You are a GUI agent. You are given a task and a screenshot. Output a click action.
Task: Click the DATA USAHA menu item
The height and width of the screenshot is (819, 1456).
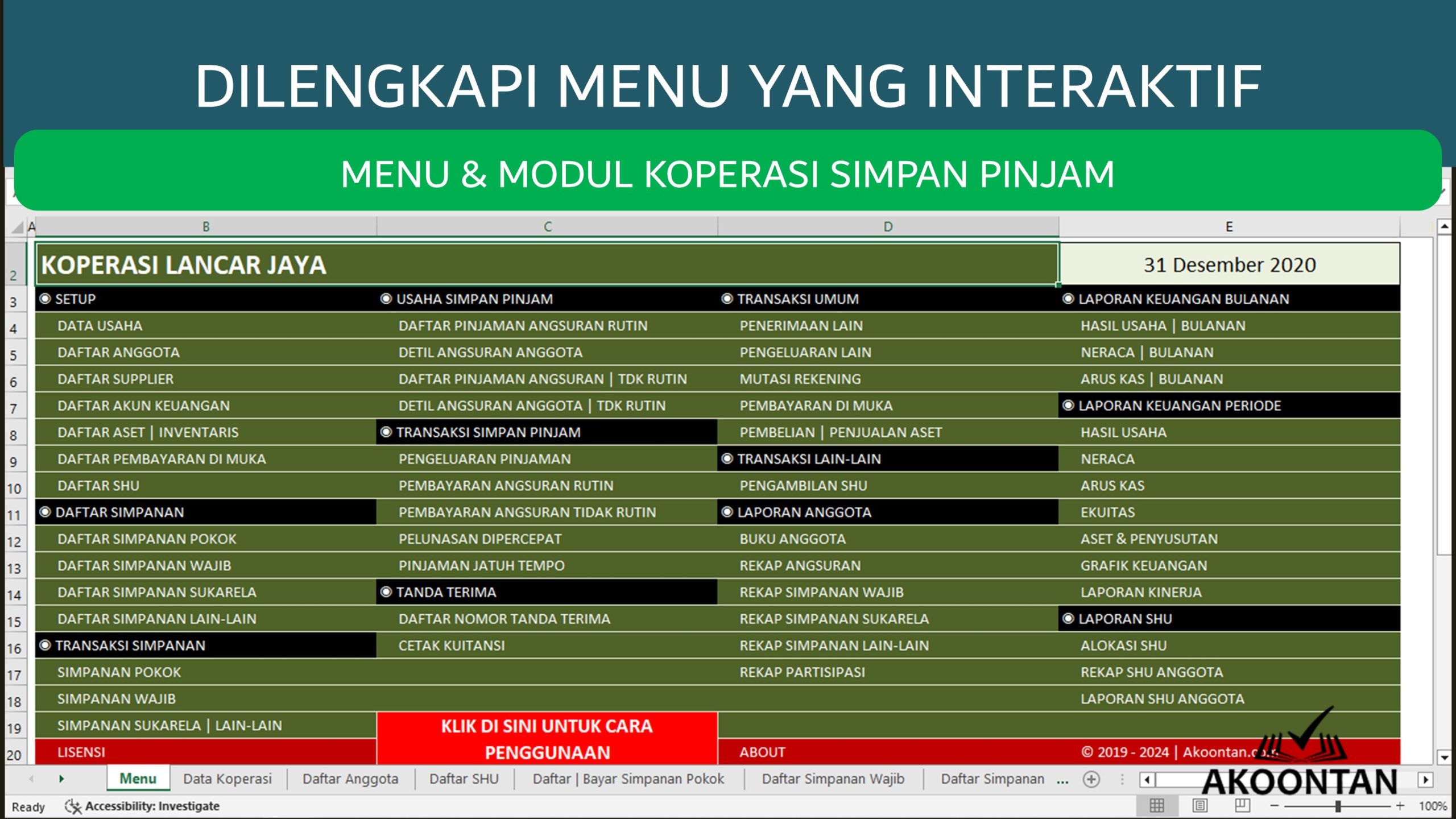pyautogui.click(x=100, y=326)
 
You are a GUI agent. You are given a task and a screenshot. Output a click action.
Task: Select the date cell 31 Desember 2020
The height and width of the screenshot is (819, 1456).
pyautogui.click(x=1229, y=265)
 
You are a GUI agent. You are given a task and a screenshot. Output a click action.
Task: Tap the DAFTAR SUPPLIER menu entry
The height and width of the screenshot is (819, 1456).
pyautogui.click(x=115, y=379)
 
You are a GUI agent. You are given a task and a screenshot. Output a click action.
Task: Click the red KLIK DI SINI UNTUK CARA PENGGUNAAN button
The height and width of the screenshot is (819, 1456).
pyautogui.click(x=547, y=738)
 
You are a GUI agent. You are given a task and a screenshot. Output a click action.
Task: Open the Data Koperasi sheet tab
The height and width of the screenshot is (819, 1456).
pyautogui.click(x=227, y=779)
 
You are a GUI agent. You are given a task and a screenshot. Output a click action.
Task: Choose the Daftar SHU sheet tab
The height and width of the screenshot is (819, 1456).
pyautogui.click(x=464, y=779)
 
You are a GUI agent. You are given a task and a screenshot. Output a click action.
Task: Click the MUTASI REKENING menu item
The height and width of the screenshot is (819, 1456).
pyautogui.click(x=800, y=379)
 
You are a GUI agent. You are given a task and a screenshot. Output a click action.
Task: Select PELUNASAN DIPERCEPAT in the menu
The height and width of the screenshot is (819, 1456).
pyautogui.click(x=479, y=539)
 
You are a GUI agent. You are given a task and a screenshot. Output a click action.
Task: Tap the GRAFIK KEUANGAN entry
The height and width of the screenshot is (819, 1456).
pyautogui.click(x=1143, y=566)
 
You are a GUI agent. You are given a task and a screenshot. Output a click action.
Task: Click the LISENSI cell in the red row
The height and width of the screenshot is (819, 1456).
pyautogui.click(x=81, y=752)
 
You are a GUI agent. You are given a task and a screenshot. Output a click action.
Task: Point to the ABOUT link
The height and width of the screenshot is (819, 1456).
pyautogui.click(x=762, y=752)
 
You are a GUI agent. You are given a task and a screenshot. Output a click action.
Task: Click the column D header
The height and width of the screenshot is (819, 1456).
pyautogui.click(x=887, y=227)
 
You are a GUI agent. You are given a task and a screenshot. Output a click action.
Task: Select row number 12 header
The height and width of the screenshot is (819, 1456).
pyautogui.click(x=14, y=541)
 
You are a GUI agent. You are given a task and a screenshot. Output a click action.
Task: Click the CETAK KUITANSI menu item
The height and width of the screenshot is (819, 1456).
pyautogui.click(x=451, y=646)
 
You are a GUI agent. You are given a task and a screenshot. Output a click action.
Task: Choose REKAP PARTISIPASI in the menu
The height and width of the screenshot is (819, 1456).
pyautogui.click(x=802, y=672)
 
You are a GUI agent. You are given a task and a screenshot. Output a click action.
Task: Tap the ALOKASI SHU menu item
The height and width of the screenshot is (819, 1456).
pyautogui.click(x=1123, y=646)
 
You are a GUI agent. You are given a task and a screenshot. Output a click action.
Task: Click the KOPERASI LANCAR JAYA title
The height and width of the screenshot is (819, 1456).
pyautogui.click(x=184, y=265)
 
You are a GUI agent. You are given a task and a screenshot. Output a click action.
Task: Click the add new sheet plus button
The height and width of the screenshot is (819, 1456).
pyautogui.click(x=1091, y=779)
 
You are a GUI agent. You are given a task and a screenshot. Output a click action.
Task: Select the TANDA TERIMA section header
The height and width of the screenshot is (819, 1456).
pyautogui.click(x=446, y=592)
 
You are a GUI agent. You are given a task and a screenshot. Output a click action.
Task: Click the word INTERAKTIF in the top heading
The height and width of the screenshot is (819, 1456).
pyautogui.click(x=1093, y=86)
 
